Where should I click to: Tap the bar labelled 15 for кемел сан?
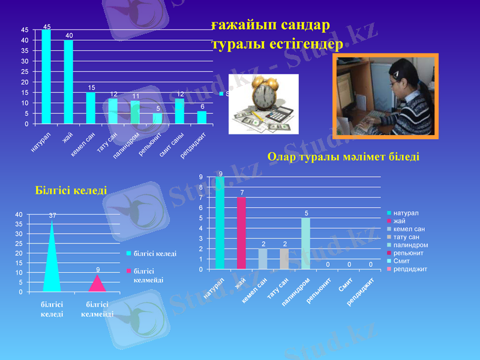click(x=91, y=108)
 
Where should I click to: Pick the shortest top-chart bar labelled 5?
click(x=157, y=118)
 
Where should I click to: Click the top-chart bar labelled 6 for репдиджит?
click(x=202, y=118)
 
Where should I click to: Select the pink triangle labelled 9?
click(x=97, y=284)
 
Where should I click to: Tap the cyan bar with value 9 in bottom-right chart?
click(x=220, y=223)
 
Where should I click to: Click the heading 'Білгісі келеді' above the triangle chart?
click(x=71, y=190)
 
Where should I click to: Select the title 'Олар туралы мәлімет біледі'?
click(x=343, y=157)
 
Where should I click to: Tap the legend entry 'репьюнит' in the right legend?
click(x=406, y=253)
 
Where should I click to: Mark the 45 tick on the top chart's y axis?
click(x=24, y=29)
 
